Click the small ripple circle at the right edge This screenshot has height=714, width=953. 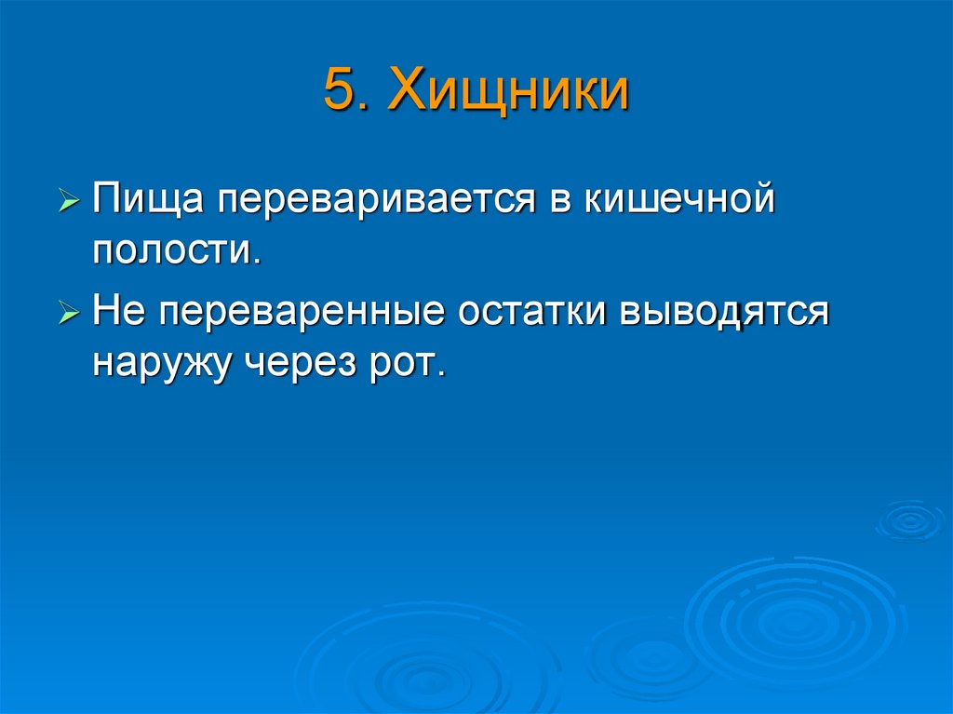908,520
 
